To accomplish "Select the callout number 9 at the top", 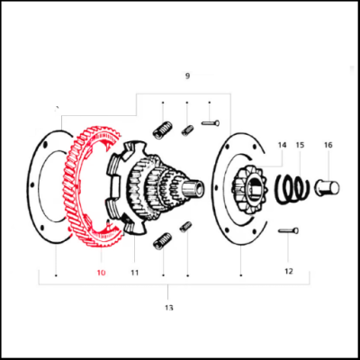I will (x=187, y=76).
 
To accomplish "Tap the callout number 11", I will (x=135, y=271).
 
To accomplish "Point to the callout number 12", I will (x=289, y=270).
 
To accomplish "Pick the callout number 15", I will (x=300, y=145).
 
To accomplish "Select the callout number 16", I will (x=328, y=145).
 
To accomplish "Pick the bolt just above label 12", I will (x=288, y=232).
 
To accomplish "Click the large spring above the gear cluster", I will (x=163, y=130).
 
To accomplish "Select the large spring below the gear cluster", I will (x=163, y=239).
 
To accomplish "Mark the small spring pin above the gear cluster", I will (x=187, y=130).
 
